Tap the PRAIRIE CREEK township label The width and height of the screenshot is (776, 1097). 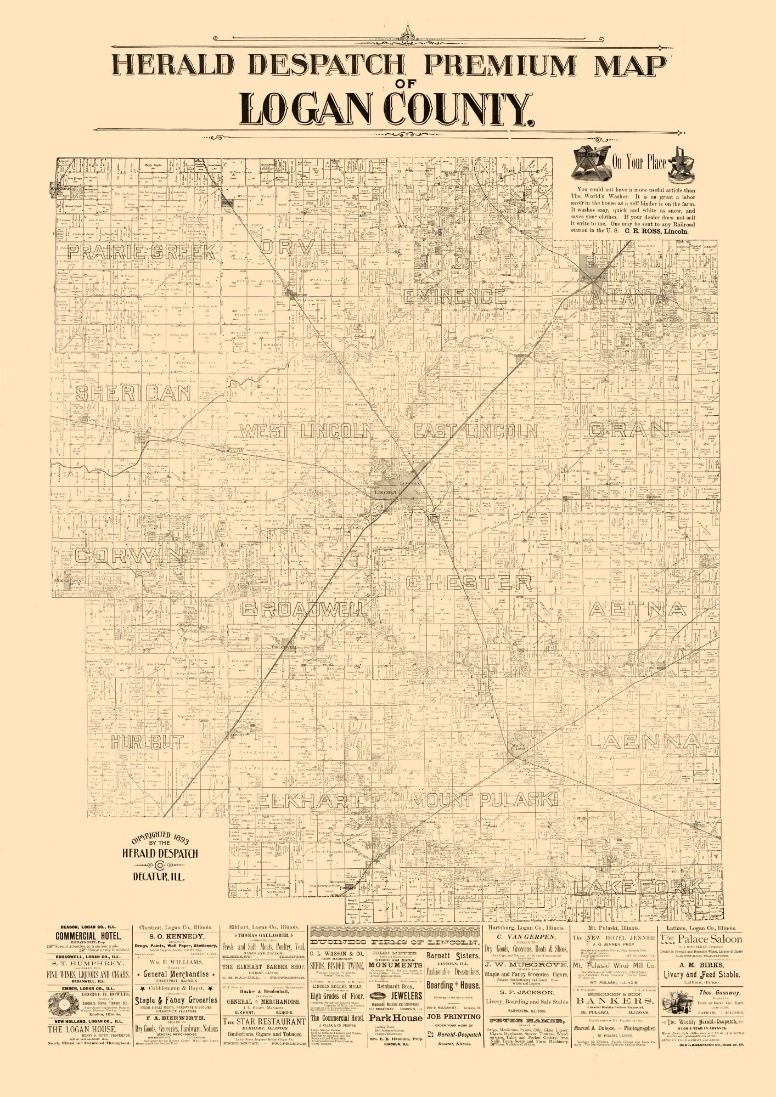click(x=140, y=252)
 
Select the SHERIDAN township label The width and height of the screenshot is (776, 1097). click(x=133, y=393)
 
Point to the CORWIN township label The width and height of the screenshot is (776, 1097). click(x=128, y=555)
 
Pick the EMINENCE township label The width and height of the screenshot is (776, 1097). click(x=456, y=297)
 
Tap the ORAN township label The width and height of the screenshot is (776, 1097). click(x=629, y=430)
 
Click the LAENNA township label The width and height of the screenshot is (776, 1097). click(x=642, y=742)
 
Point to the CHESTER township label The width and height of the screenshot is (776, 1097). click(x=469, y=583)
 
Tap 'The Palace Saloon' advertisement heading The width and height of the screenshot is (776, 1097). click(x=701, y=939)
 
